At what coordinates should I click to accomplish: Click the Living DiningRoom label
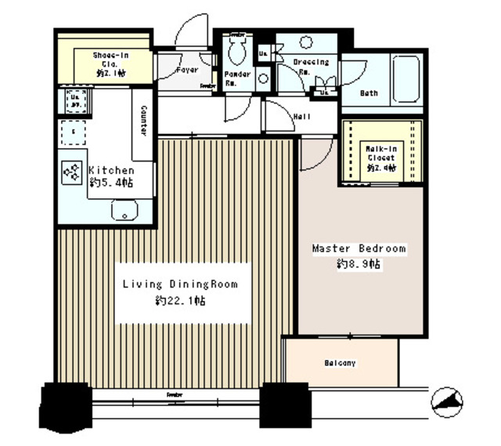179,285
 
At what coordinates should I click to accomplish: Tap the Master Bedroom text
359,248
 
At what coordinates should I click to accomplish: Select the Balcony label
340,363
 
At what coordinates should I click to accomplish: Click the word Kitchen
110,170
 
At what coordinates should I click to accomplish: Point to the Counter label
146,121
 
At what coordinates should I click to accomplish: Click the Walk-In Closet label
380,158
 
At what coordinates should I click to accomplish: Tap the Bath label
369,93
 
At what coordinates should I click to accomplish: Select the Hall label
302,118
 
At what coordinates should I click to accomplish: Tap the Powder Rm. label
238,78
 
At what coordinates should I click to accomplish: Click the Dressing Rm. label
311,65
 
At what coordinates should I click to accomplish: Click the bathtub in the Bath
406,78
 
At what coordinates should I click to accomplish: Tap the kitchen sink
124,210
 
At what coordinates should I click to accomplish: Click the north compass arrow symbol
447,403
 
